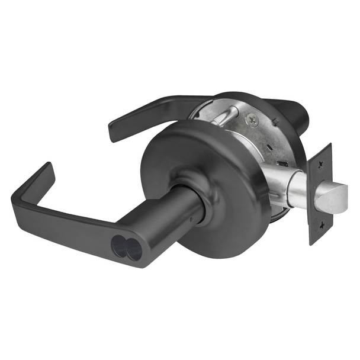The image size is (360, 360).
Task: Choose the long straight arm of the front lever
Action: coord(71,225)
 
